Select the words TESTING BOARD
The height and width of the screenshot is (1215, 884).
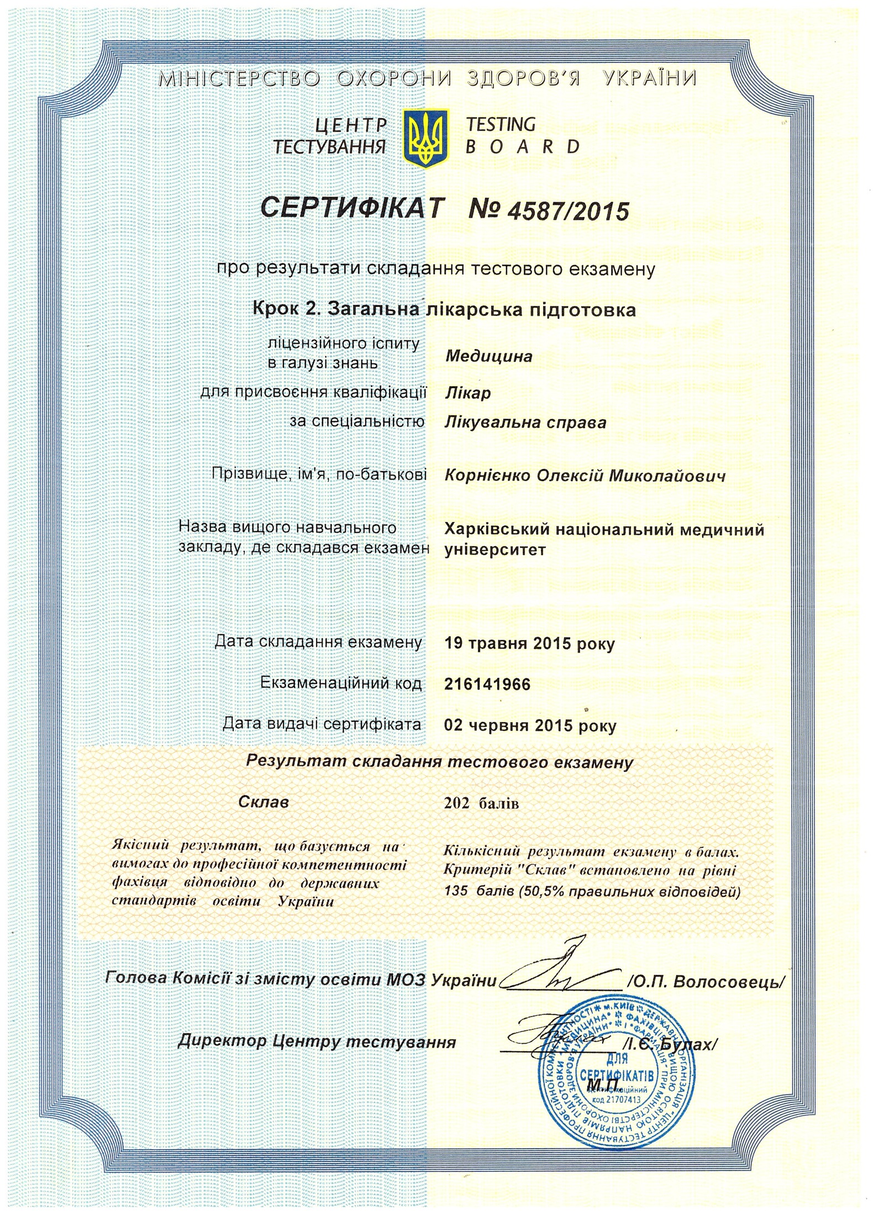click(x=522, y=136)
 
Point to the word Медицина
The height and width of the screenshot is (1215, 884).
click(x=488, y=357)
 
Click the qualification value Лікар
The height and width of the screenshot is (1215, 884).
click(x=467, y=393)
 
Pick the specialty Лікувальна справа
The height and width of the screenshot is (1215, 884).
click(x=525, y=423)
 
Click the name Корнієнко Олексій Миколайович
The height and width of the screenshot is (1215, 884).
click(x=585, y=476)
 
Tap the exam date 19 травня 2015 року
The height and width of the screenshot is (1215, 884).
click(x=529, y=644)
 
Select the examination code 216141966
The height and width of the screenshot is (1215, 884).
click(x=487, y=685)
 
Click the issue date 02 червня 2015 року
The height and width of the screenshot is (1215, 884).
click(x=530, y=726)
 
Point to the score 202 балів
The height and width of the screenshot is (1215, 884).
click(x=481, y=803)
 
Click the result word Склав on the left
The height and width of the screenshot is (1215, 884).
click(x=264, y=802)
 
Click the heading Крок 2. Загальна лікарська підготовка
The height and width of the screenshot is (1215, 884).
click(x=444, y=309)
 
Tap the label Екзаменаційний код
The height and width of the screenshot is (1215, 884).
click(x=341, y=684)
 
